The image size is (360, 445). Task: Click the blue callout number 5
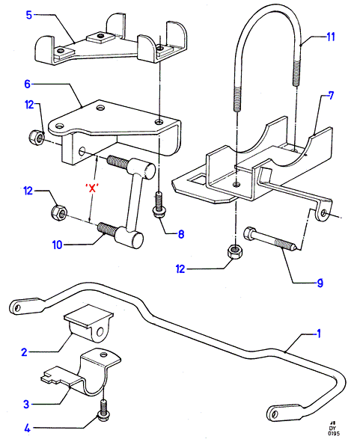pos(29,15)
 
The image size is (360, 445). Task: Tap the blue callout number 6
pos(27,84)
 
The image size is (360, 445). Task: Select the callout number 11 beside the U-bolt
pos(331,37)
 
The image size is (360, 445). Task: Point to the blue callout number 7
pos(331,96)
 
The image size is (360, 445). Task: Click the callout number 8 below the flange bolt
pos(181,234)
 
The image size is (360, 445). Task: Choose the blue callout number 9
pos(320,283)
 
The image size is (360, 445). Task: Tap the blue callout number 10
pos(57,245)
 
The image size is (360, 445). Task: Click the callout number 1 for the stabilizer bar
pos(319,334)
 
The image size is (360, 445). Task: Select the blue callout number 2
pos(25,352)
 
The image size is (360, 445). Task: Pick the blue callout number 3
pos(26,404)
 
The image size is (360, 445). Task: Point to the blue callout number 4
pos(27,428)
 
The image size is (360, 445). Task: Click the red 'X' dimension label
pos(92,188)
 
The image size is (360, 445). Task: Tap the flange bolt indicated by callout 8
pos(159,205)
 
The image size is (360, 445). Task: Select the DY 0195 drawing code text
pos(333,430)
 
